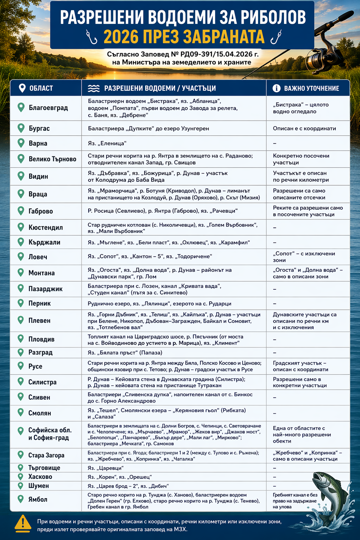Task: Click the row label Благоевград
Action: coord(48,108)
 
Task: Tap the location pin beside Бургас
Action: coord(21,128)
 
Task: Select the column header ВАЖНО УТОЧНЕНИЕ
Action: coord(311,88)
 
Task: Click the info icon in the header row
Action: coord(277,88)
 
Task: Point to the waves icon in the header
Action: coord(94,88)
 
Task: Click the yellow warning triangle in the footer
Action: coord(23,523)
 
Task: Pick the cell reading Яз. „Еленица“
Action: coord(107,143)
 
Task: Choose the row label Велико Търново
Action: coord(52,159)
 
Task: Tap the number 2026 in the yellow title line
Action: coord(122,37)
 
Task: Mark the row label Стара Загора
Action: coord(46,455)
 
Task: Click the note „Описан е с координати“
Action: coord(304,128)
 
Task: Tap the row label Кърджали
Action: coord(44,242)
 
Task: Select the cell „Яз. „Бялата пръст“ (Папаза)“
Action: coord(125,353)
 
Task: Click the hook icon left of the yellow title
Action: coord(92,37)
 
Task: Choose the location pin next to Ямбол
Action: coord(21,499)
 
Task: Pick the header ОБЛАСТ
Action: coord(41,88)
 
